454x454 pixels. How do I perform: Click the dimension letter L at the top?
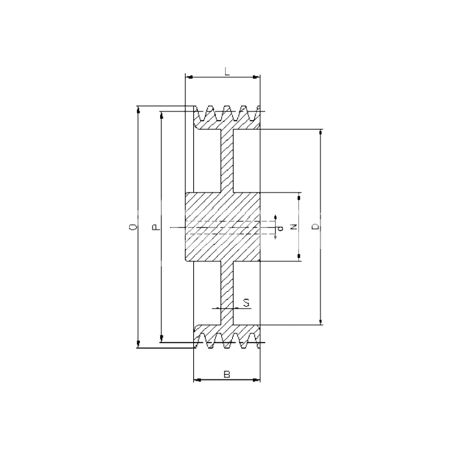(227, 71)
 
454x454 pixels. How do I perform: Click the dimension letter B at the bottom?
(227, 374)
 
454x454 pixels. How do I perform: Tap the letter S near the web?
(246, 303)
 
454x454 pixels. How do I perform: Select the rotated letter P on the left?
(156, 227)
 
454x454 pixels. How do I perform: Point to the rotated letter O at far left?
(132, 227)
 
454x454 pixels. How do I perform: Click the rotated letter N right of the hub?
(294, 227)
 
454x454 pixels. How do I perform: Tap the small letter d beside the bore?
(280, 229)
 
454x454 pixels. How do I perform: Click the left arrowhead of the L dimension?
(189, 77)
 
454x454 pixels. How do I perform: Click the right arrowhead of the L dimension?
(256, 77)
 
